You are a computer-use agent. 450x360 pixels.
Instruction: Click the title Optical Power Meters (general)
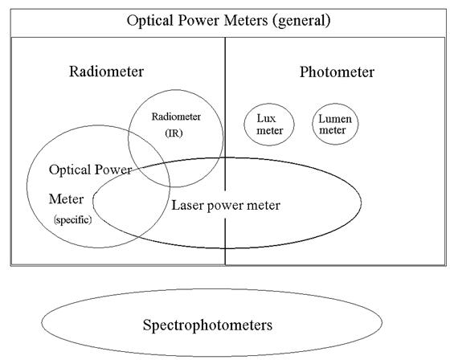229,21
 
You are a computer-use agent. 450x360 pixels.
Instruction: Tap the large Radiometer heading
106,72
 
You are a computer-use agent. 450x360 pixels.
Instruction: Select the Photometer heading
337,72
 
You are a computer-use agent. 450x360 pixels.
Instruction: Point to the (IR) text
174,133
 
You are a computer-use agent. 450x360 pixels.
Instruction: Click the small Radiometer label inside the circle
176,117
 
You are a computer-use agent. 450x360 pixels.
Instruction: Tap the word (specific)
73,220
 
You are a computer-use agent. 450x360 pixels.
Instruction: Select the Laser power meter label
226,206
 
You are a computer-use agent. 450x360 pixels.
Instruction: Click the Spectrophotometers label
207,325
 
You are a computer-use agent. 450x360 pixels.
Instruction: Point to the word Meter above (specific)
66,199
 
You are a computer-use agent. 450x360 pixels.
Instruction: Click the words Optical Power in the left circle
90,170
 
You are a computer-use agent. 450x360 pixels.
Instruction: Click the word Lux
266,118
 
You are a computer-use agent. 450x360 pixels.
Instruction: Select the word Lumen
335,119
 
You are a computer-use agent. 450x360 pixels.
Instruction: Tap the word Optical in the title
150,21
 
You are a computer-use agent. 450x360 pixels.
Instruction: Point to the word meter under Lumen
333,130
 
